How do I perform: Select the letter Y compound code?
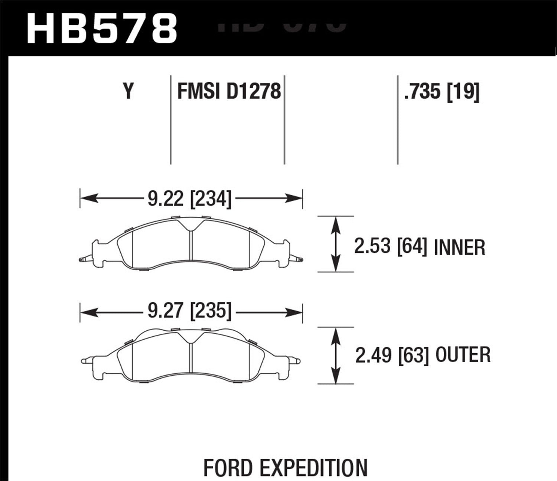point(128,91)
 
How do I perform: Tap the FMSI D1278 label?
point(229,91)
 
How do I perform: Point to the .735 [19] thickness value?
point(442,91)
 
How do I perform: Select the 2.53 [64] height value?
point(390,247)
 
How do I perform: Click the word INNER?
point(459,248)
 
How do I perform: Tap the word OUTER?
point(463,356)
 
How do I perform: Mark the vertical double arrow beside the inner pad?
point(336,244)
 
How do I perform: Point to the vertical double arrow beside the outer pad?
point(336,356)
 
